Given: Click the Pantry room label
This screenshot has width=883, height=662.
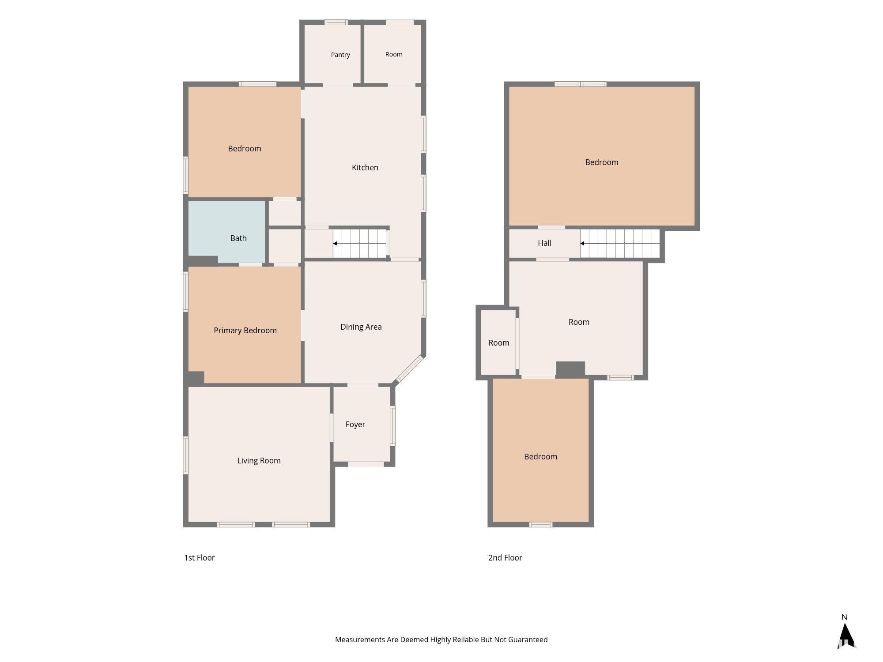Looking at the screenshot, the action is (x=340, y=55).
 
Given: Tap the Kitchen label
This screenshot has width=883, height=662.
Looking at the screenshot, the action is (x=365, y=168).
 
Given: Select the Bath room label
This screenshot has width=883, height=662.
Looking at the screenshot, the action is (x=238, y=238).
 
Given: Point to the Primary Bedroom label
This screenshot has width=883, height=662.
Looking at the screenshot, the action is (x=245, y=331).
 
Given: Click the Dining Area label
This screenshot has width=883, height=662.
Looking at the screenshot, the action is (x=361, y=327).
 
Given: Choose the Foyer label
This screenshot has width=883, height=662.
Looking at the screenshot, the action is (x=355, y=425).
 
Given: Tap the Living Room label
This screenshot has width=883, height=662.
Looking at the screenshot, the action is (x=259, y=461).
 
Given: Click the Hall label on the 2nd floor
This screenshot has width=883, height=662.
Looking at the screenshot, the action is (x=544, y=243).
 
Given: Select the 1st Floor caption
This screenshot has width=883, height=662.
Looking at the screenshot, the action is (x=199, y=558).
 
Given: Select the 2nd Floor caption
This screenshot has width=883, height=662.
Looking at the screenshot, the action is (x=505, y=558).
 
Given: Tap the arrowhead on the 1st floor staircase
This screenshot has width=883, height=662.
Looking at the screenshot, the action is (x=335, y=244).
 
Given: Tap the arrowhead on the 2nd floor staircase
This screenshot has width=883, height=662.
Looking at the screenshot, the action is (x=582, y=244).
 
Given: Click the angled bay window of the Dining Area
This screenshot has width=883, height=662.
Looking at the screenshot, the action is (x=409, y=369).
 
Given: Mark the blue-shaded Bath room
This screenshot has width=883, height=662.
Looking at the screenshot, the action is (x=226, y=232).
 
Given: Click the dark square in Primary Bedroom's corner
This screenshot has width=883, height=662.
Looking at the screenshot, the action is (x=194, y=378).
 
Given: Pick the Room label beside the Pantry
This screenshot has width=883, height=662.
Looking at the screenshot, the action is (x=394, y=54).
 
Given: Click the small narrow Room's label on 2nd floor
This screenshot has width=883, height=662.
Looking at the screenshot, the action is (x=499, y=343).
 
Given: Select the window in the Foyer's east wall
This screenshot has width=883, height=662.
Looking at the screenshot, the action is (x=392, y=425).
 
